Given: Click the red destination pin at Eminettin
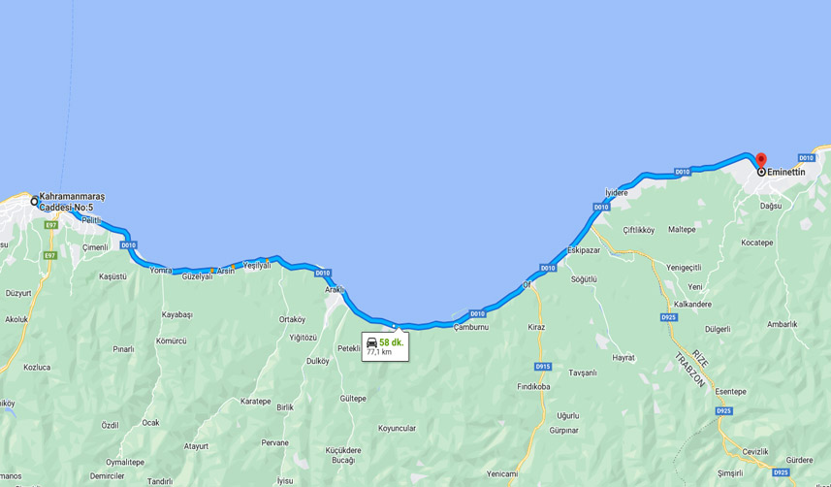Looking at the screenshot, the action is tap(760, 161).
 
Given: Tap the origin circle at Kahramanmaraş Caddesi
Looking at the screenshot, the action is tap(34, 202).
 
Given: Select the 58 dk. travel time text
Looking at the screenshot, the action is tap(391, 342).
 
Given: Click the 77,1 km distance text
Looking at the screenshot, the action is tap(379, 352).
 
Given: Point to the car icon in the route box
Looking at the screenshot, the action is tap(371, 342).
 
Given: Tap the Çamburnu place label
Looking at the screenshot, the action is tap(471, 327).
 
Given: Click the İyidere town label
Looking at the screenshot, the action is tap(616, 193).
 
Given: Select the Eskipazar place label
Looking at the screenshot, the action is tap(584, 250).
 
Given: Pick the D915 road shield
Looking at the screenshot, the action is tap(542, 367).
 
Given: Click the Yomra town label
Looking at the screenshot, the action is tap(161, 271).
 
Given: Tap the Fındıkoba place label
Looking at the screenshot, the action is tap(533, 386).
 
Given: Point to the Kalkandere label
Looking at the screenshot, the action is tap(692, 304).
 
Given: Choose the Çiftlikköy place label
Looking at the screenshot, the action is tap(639, 230).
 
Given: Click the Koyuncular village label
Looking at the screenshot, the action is tap(397, 428).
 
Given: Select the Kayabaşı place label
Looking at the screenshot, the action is tap(177, 314).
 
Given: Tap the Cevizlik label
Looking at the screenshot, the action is tap(754, 451).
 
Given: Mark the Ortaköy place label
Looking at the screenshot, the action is tap(292, 319).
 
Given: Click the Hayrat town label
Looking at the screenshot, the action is tap(623, 357).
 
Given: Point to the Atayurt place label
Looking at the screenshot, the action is tap(196, 446).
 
